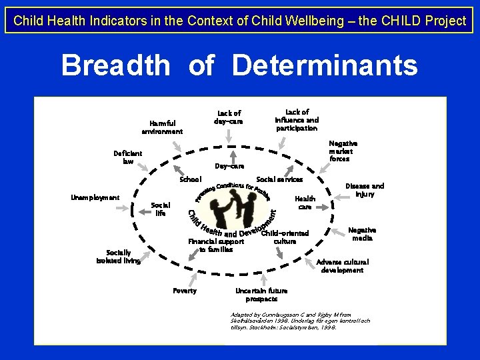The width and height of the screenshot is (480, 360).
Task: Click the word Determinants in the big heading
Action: [325, 66]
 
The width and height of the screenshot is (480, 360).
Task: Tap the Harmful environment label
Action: [162, 127]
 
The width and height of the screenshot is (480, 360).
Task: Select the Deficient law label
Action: [128, 157]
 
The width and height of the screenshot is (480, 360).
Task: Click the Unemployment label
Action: [95, 197]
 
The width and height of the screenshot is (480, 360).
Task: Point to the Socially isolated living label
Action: [118, 257]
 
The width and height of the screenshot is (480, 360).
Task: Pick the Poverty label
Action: [185, 291]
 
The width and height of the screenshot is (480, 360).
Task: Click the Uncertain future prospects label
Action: [261, 295]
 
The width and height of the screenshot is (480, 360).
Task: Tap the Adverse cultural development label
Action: [342, 266]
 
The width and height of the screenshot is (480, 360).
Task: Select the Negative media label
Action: [362, 234]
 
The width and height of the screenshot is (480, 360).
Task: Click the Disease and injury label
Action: [364, 190]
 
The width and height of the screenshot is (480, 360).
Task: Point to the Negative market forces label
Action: [343, 151]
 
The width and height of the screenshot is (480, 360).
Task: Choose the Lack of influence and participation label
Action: [297, 120]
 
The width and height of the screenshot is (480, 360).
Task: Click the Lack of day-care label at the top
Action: [228, 117]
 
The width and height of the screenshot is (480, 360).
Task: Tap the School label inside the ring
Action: [191, 180]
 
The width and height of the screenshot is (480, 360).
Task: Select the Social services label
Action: [279, 180]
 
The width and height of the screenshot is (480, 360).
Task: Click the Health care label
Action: [305, 203]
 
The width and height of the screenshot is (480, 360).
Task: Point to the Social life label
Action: [161, 209]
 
